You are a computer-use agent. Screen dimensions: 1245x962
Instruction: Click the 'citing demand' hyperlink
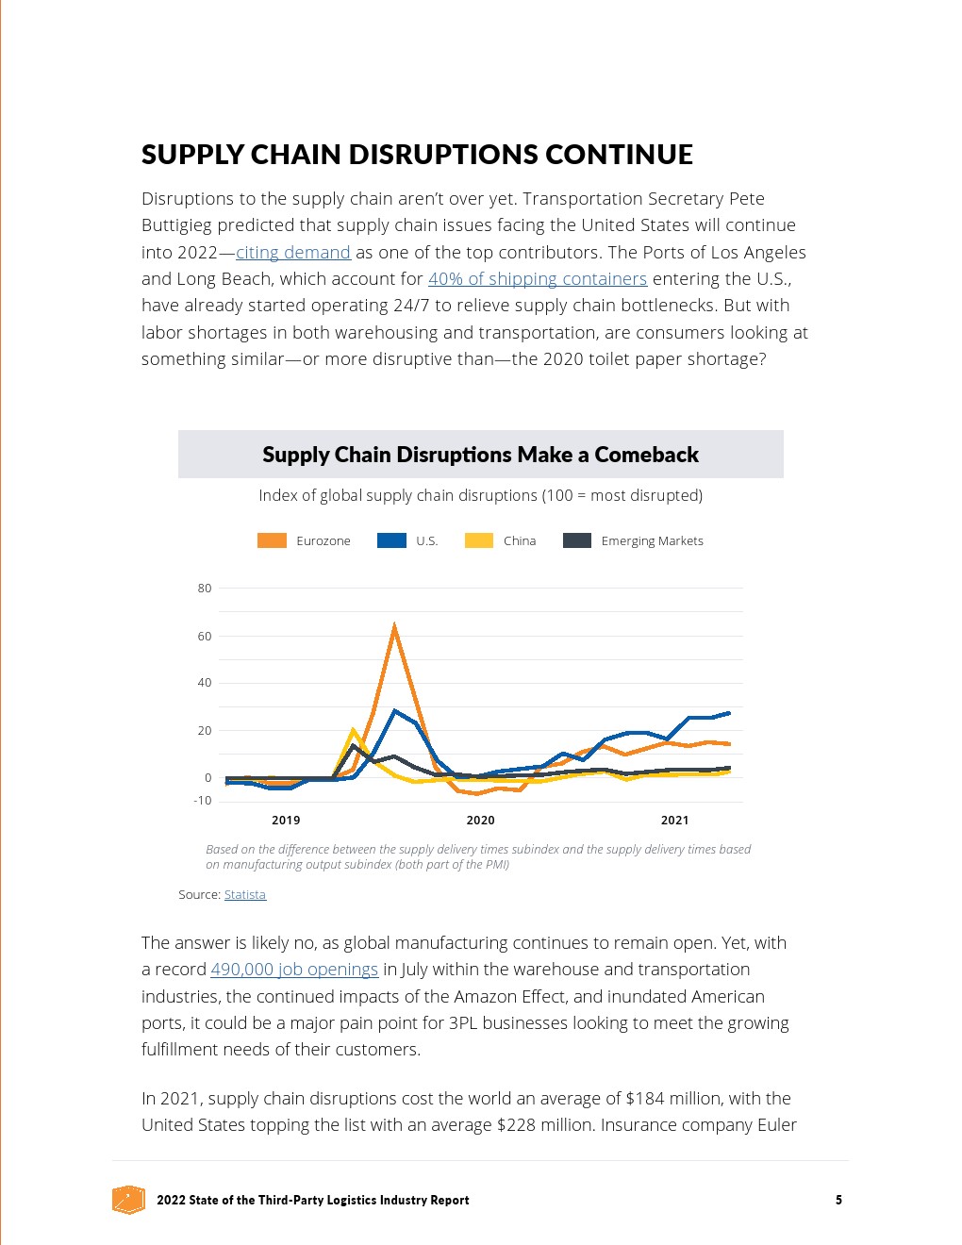tap(293, 252)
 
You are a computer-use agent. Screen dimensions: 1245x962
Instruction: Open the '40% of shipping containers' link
tap(538, 278)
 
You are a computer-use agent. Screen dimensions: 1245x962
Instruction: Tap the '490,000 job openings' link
tap(294, 969)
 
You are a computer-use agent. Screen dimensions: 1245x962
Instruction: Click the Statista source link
tap(245, 894)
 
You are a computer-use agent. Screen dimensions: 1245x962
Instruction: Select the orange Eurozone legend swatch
tap(272, 540)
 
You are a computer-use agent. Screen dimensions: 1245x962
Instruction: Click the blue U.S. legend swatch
tap(391, 540)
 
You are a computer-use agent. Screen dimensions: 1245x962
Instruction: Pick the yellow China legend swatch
tap(479, 540)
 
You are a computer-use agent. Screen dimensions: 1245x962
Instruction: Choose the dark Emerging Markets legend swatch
tap(577, 540)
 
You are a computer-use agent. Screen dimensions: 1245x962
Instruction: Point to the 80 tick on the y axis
tap(205, 588)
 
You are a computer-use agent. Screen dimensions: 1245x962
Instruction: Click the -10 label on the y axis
tap(203, 801)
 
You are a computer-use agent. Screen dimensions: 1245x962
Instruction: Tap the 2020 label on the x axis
tap(480, 820)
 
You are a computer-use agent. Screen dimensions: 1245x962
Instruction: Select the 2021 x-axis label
tap(674, 820)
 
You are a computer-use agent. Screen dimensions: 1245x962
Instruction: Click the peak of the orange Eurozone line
tap(394, 625)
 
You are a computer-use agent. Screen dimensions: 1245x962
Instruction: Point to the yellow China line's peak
tap(354, 730)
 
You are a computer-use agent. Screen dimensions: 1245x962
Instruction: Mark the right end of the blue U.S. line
tap(728, 713)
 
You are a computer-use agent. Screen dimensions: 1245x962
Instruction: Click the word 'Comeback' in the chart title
tap(646, 455)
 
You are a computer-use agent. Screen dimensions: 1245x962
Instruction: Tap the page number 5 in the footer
tap(838, 1200)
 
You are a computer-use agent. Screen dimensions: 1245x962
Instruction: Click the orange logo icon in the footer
tap(128, 1200)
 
